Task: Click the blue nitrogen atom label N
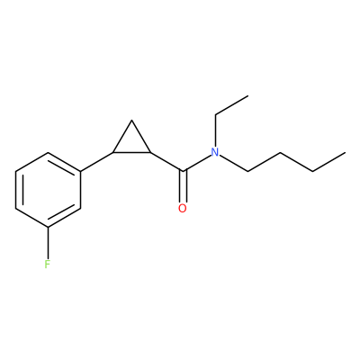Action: pyautogui.click(x=215, y=152)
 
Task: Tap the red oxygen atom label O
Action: pyautogui.click(x=183, y=208)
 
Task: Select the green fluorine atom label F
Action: pyautogui.click(x=47, y=265)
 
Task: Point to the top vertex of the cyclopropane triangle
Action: pyautogui.click(x=132, y=121)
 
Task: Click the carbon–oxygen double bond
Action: pyautogui.click(x=183, y=186)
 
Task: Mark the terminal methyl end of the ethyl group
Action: pyautogui.click(x=248, y=96)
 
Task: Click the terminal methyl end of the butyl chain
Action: pyautogui.click(x=346, y=153)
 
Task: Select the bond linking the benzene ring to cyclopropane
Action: pyautogui.click(x=97, y=162)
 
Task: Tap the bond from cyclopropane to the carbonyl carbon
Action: pyautogui.click(x=166, y=162)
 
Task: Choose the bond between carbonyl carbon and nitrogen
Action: pyautogui.click(x=197, y=164)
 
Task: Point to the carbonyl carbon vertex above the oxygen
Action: pyautogui.click(x=183, y=171)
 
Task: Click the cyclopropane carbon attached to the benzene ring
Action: pyautogui.click(x=113, y=152)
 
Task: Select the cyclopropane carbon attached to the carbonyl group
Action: pyautogui.click(x=150, y=152)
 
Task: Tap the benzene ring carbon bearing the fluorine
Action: pyautogui.click(x=48, y=227)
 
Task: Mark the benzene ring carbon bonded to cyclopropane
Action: pyautogui.click(x=80, y=172)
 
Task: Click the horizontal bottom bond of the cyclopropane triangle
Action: pyautogui.click(x=131, y=152)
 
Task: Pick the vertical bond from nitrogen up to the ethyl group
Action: pyautogui.click(x=215, y=130)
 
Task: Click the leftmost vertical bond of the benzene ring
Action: pyautogui.click(x=15, y=190)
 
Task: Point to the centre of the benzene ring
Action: pyautogui.click(x=48, y=190)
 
